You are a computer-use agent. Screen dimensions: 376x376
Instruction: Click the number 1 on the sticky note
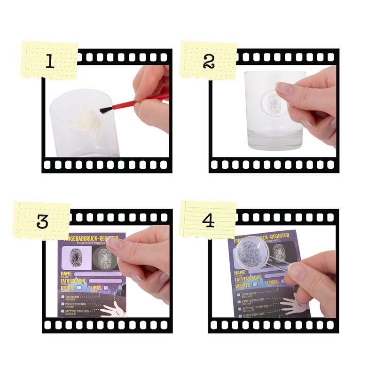49,62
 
